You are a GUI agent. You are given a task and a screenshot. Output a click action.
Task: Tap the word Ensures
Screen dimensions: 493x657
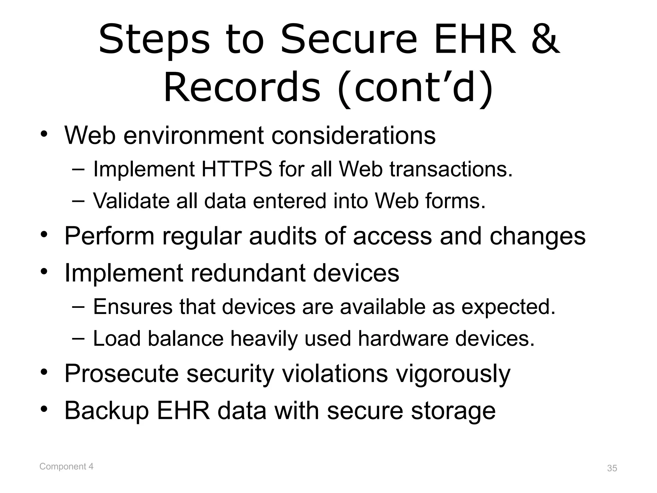point(132,307)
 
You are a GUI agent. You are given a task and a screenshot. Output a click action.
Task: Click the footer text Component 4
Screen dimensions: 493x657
point(66,467)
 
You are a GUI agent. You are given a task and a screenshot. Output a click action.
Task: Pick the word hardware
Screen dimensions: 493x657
point(403,339)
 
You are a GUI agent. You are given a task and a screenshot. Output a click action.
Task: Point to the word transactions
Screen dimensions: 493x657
point(451,169)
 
